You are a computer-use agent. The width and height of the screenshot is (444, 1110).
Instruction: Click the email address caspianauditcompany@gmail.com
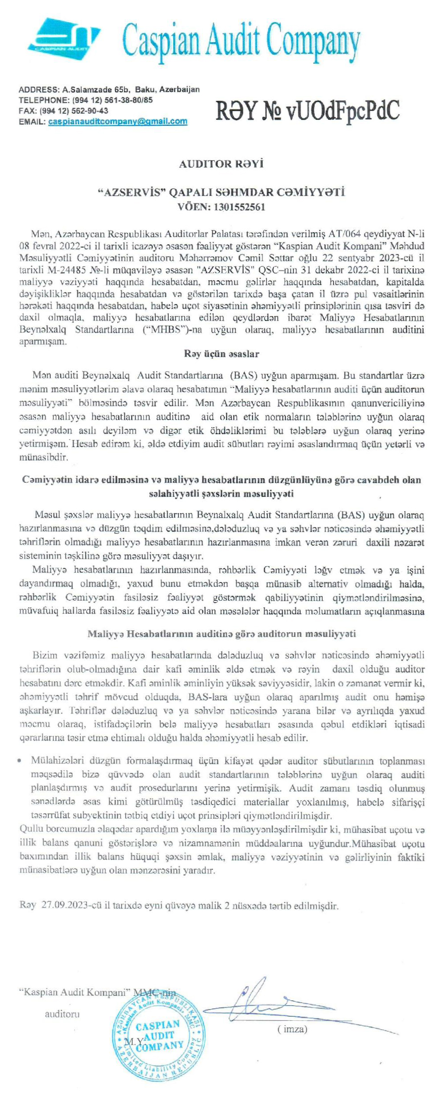tap(117, 121)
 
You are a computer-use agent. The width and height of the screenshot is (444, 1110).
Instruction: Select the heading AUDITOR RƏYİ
tap(221, 164)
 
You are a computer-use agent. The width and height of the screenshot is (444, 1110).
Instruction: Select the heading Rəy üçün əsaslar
tap(222, 354)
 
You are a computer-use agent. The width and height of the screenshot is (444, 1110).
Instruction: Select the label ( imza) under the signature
tap(292, 1017)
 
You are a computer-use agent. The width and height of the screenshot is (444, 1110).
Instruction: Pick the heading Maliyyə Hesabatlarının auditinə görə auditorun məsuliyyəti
tap(222, 634)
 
